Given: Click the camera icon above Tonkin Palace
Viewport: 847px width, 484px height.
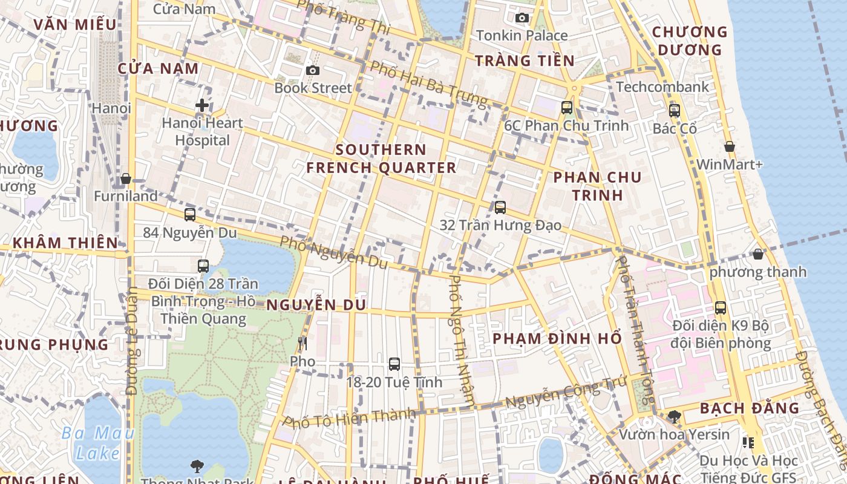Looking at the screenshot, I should coord(522,18).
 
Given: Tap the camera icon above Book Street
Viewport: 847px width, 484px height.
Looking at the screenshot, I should coord(313,71).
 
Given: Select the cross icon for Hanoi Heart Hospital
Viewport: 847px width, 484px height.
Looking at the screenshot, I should coord(202,106).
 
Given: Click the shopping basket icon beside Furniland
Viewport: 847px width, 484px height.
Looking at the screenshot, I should coord(126,178).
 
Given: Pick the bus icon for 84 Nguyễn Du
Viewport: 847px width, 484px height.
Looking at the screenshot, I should coord(190,215).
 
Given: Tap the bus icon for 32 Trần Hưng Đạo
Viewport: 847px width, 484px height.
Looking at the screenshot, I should coord(500,208).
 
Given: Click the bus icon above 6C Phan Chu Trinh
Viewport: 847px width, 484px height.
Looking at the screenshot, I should coord(567,108).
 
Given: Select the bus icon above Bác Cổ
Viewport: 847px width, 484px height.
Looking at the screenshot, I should coord(675,111).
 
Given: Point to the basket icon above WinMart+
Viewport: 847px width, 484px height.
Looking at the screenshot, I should coord(730,146).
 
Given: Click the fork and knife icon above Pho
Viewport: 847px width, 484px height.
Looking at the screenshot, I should coord(302,344).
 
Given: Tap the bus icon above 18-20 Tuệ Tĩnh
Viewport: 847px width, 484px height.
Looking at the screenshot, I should coord(394,364).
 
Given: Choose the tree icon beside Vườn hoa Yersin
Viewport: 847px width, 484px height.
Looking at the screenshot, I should coord(675,416).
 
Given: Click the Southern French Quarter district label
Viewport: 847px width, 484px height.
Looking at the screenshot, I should coord(381,159).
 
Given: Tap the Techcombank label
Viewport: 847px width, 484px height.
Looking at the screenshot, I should coord(663,87).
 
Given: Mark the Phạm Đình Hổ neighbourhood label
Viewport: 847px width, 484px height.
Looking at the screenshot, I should coord(557,338).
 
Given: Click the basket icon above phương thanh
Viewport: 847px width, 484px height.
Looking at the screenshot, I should coord(758,254).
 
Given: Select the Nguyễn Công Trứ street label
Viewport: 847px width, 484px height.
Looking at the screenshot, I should coord(565,393).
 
